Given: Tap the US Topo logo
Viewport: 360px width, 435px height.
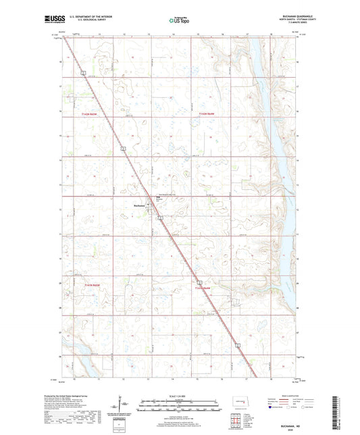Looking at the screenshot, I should [x=178, y=21].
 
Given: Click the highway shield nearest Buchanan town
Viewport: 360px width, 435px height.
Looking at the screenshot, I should [x=160, y=217].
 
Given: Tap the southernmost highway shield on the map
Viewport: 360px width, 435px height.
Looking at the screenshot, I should [x=238, y=344].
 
